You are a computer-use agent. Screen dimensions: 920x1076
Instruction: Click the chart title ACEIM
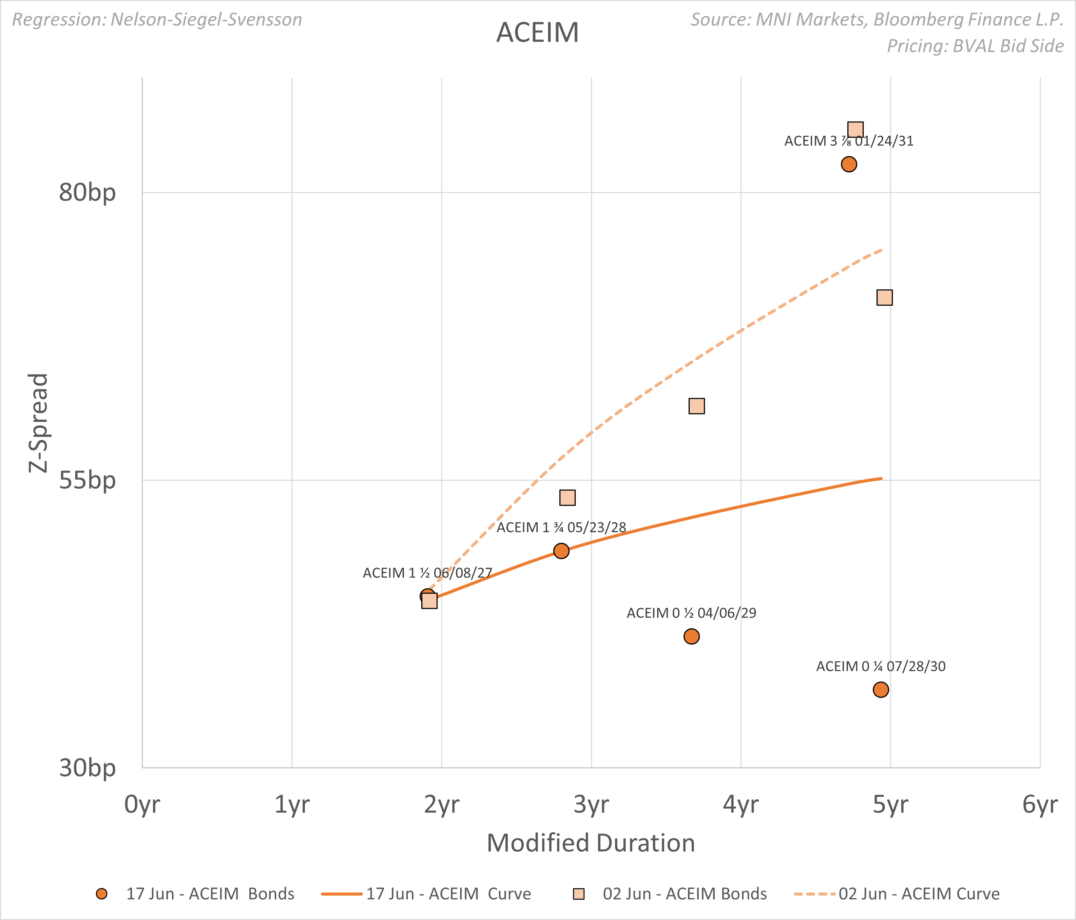pyautogui.click(x=537, y=33)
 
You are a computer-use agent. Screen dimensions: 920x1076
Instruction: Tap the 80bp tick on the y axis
pyautogui.click(x=87, y=193)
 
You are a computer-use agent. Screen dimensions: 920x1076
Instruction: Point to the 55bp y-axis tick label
pyautogui.click(x=87, y=480)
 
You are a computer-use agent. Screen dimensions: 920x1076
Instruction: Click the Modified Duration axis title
pyautogui.click(x=591, y=843)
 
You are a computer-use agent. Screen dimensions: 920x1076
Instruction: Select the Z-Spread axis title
pyautogui.click(x=38, y=423)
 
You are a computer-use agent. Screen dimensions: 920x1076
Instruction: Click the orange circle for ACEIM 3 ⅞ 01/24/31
pyautogui.click(x=848, y=165)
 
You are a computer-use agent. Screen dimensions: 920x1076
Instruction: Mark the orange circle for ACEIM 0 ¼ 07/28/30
pyautogui.click(x=881, y=689)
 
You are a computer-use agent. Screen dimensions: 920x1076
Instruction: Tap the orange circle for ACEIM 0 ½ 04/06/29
pyautogui.click(x=691, y=636)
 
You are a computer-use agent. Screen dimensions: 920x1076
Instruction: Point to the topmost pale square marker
pyautogui.click(x=855, y=129)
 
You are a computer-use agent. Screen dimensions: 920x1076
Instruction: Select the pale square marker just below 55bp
pyautogui.click(x=567, y=497)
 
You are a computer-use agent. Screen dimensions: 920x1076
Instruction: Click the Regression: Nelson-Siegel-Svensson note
pyautogui.click(x=157, y=20)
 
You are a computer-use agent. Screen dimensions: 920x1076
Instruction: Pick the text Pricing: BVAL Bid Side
pyautogui.click(x=975, y=46)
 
